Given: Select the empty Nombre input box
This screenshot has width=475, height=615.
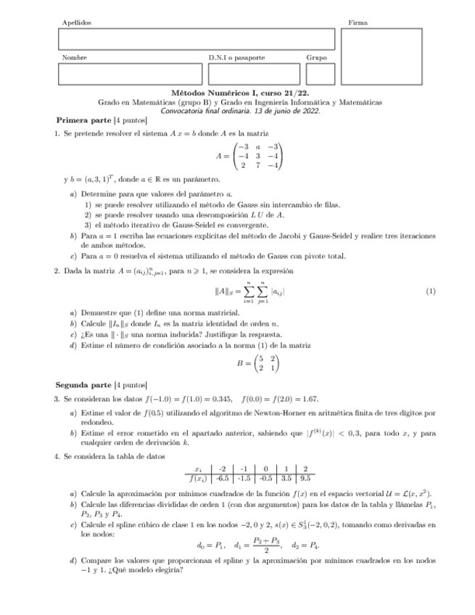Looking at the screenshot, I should point(130,74).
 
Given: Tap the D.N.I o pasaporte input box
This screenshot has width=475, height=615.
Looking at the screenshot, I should point(254,74).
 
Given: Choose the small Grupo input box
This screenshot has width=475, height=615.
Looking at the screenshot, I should point(320,74).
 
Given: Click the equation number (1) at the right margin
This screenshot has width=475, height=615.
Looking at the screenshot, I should point(431,291).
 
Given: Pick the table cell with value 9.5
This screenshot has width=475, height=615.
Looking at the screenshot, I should point(305,478).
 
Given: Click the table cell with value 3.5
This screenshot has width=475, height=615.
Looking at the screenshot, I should point(285,478).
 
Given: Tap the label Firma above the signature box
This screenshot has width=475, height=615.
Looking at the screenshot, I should point(357,23).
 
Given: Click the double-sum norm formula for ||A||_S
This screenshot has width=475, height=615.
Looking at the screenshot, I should point(249,291).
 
